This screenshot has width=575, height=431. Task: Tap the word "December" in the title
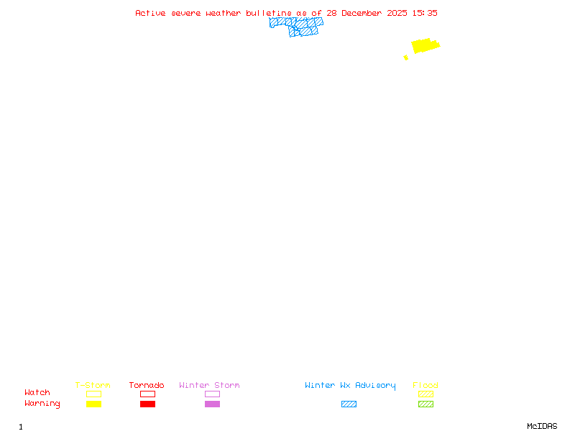point(364,13)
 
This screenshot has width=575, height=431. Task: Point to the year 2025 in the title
point(398,13)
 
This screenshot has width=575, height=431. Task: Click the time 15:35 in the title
point(425,13)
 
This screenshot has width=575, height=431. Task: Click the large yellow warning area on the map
point(424,45)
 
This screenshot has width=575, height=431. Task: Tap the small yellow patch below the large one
point(406,57)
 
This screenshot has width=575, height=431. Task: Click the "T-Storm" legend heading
point(93,386)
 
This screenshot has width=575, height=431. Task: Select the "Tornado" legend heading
point(147,386)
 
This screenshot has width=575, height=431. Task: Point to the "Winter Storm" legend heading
point(209,386)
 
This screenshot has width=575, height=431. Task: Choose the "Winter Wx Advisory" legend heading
point(350,386)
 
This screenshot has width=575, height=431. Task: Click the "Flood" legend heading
point(425,386)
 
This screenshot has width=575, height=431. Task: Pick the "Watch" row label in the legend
point(37,393)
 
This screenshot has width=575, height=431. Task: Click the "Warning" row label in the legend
point(42,404)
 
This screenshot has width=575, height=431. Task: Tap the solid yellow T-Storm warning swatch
point(93,404)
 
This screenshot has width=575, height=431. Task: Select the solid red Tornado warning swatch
point(147,404)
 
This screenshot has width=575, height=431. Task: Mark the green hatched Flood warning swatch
point(425,404)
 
